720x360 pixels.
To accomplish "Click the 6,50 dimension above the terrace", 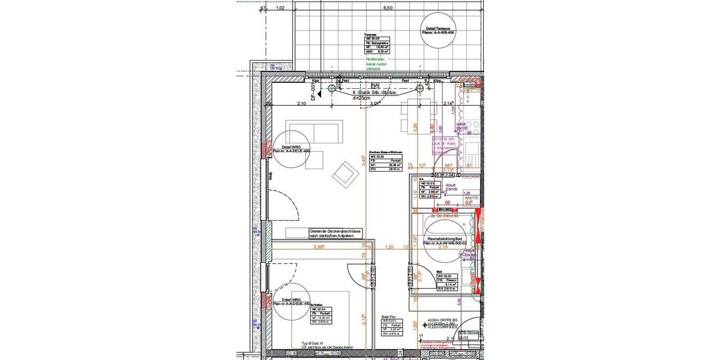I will point(388,8).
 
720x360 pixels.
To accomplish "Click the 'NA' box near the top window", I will point(375,85).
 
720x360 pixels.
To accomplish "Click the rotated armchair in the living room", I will point(345,174).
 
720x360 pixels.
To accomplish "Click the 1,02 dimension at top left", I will point(279,8).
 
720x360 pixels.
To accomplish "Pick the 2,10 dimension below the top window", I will point(301,104).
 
